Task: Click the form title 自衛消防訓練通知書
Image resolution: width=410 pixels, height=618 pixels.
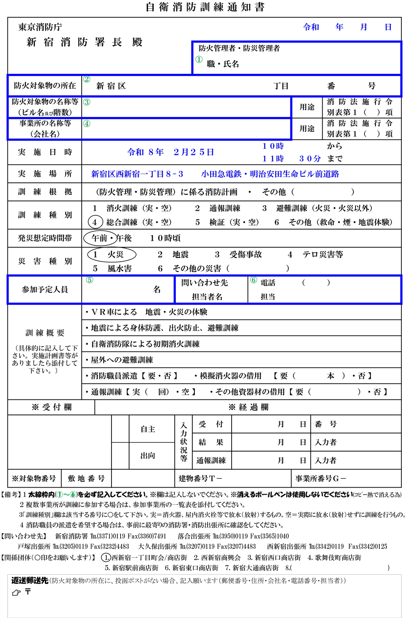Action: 205,7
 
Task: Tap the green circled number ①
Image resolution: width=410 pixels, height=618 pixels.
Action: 199,60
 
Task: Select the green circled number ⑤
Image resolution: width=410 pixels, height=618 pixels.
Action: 89,280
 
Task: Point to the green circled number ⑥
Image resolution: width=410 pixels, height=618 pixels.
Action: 253,280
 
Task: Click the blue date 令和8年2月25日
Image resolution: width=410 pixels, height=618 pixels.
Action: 171,152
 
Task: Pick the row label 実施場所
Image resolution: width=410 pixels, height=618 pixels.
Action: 45,174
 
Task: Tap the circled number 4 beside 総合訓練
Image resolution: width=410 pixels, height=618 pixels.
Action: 95,222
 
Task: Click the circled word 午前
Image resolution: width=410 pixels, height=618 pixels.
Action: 99,238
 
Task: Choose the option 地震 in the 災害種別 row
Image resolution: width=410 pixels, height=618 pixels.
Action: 180,255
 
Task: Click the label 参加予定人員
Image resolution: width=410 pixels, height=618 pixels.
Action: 45,290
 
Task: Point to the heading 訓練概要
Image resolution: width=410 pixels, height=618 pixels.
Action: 45,333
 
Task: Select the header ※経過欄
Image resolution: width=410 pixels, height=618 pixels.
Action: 248,407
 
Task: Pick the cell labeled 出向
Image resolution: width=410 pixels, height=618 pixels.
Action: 148,456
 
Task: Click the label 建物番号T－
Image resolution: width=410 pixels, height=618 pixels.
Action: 200,478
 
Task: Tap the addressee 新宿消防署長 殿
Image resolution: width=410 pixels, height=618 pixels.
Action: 84,42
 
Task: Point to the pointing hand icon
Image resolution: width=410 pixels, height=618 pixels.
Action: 17,593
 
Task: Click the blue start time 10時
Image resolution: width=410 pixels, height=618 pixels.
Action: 273,146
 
